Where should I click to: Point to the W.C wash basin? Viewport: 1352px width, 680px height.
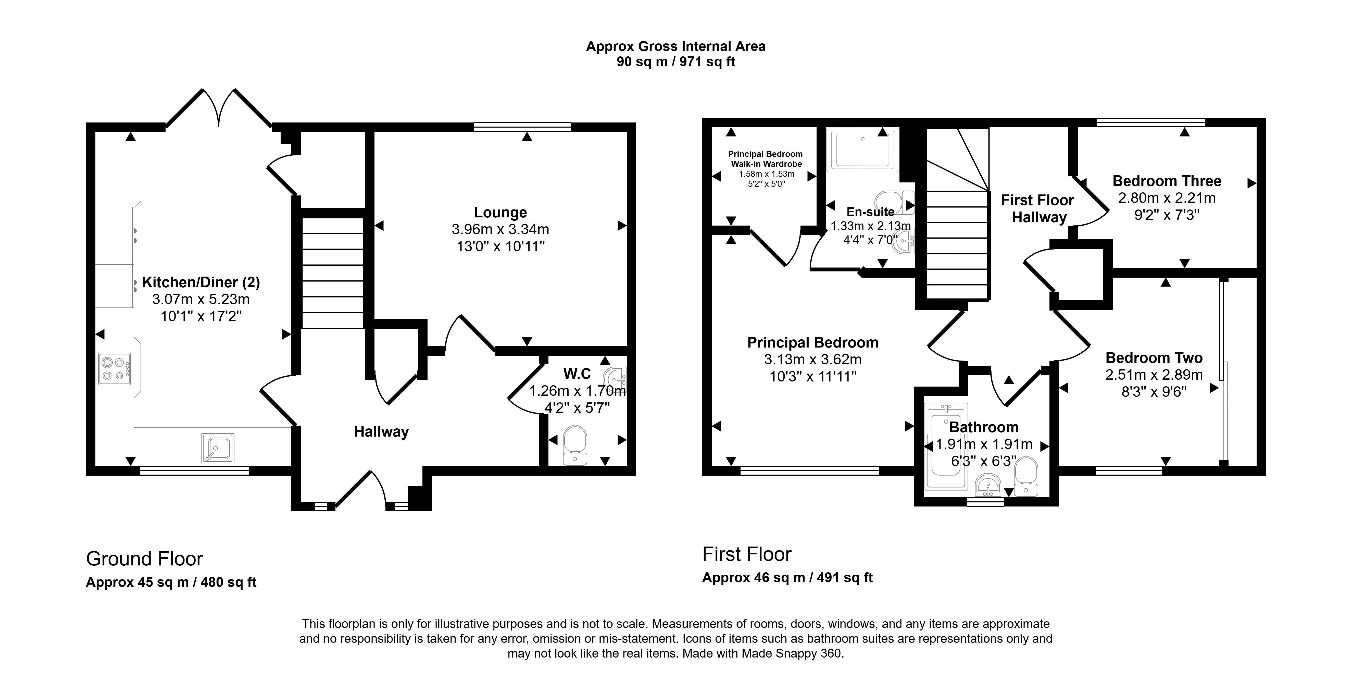click(615, 377)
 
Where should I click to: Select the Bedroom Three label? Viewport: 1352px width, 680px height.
click(1167, 181)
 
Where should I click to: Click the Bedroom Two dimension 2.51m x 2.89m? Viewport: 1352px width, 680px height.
click(1154, 375)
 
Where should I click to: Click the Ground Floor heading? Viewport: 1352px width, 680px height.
click(144, 559)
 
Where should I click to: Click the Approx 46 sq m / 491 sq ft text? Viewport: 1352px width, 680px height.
click(787, 578)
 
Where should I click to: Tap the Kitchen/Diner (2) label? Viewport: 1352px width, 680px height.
click(201, 282)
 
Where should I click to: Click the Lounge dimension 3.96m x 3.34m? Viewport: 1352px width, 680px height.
click(500, 229)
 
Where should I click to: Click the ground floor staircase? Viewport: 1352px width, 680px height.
click(333, 273)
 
